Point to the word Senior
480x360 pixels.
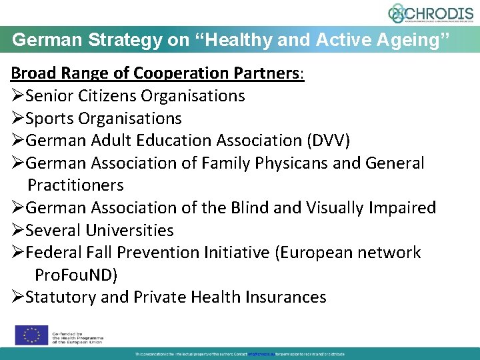(x=51, y=96)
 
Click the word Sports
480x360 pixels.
(x=50, y=119)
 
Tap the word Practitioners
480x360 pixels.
(x=75, y=185)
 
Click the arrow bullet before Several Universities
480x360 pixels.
(x=17, y=231)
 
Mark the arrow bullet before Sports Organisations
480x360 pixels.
(x=17, y=119)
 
